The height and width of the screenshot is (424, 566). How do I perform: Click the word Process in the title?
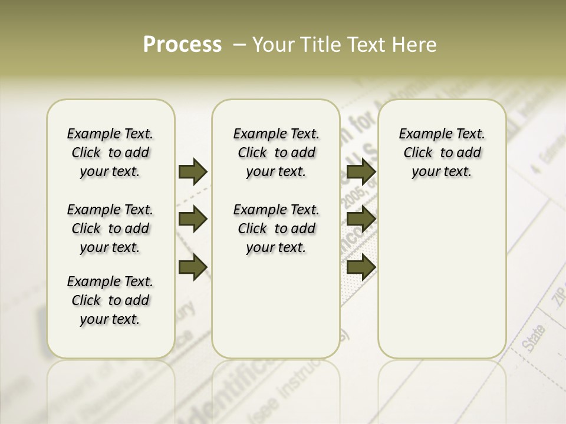(x=182, y=45)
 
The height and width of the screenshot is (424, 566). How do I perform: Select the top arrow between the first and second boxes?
(x=193, y=172)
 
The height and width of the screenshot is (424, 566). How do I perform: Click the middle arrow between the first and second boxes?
(x=193, y=219)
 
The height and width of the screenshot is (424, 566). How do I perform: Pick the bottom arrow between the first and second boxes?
(x=193, y=266)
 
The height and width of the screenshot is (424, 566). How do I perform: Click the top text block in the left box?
(x=110, y=153)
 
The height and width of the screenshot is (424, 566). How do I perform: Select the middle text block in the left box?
(x=110, y=228)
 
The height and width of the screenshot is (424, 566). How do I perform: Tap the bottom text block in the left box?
(x=110, y=300)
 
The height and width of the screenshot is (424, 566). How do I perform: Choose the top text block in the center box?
(x=276, y=153)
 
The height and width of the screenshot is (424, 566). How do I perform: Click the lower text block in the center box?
(x=276, y=228)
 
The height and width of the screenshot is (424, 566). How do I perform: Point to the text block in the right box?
(x=442, y=153)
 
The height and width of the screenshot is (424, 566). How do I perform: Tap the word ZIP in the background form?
(x=558, y=300)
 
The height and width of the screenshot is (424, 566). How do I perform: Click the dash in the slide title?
(x=239, y=45)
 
